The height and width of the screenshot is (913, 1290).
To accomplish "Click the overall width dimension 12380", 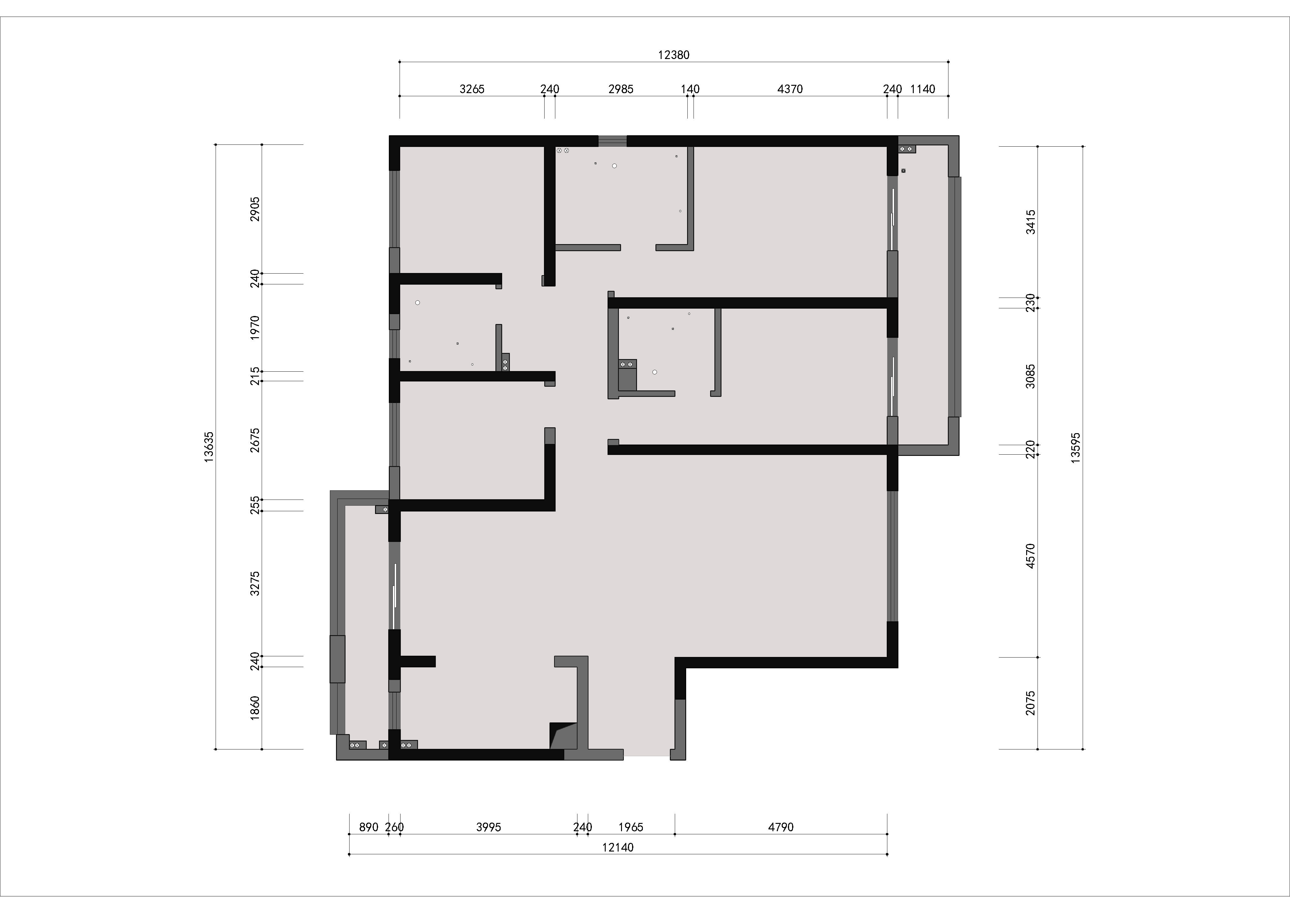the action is (674, 55).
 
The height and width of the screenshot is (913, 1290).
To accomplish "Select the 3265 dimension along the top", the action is (472, 89).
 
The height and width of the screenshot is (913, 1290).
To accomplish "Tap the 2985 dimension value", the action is (621, 89).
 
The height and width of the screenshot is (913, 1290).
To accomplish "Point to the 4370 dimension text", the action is (790, 89).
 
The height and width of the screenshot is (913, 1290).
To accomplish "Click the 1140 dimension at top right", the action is (923, 89).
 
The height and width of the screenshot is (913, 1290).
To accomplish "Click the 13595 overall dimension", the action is (1076, 448).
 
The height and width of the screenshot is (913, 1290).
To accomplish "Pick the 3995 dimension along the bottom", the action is (488, 827).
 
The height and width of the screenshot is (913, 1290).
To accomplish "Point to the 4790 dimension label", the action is (781, 827).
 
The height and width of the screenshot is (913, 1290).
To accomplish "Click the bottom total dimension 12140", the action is (618, 847).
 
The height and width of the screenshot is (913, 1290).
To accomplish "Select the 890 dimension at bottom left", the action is (369, 827).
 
